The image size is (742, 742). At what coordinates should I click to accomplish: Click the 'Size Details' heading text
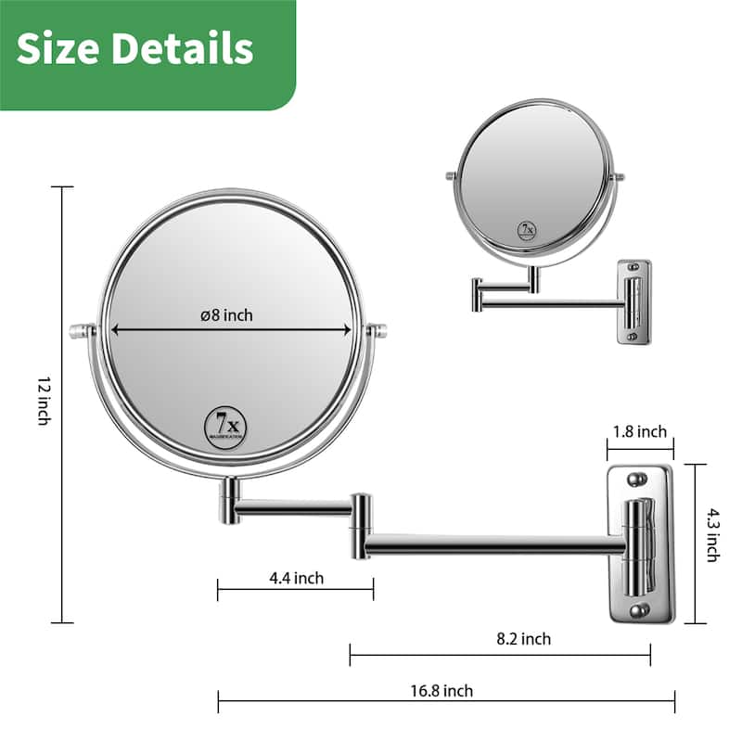point(134,48)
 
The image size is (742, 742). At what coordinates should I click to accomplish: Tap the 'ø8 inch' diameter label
point(226,315)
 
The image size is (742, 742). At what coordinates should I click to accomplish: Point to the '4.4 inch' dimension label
point(296,578)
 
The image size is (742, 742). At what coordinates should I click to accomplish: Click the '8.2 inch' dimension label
point(522,638)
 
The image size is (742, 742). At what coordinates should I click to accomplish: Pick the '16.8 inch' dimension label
point(443,690)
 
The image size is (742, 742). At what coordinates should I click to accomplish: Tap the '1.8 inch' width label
point(639,431)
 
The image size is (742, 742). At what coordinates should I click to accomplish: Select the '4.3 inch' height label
point(712,533)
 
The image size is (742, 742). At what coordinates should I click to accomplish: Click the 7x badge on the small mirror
point(527,230)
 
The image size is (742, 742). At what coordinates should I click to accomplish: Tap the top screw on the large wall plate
point(637,480)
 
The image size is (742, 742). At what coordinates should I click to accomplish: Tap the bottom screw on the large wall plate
point(637,610)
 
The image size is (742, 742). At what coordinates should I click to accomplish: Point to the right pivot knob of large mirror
point(377,329)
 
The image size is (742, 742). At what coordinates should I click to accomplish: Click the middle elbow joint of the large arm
point(360,525)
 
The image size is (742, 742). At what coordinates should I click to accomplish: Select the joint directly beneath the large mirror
point(229,501)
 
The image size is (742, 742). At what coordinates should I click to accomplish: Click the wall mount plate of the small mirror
point(633,302)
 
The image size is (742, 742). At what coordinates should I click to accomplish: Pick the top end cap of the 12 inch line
point(62,187)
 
